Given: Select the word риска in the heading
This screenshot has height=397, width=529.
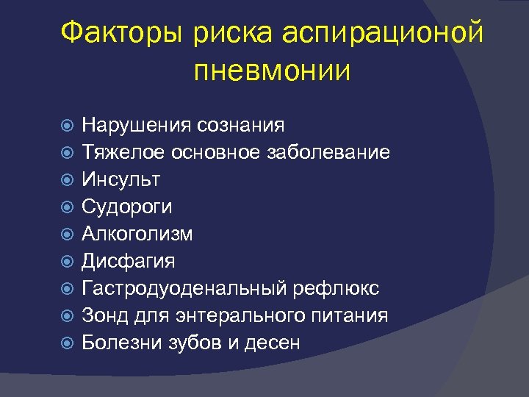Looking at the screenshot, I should pos(230,33).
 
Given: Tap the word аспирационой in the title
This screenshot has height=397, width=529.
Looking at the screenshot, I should pos(383,33).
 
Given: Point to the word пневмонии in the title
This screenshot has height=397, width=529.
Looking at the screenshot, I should pos(273,71).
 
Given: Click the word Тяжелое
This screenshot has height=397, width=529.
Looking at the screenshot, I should pos(123,153).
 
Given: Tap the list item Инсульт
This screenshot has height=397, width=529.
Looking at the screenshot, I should pos(121,180).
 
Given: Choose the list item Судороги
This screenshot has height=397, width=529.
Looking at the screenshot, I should pos(127,207).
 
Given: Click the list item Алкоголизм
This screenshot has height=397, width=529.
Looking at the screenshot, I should pos(137,235).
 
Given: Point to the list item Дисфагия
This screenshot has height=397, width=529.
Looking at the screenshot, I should pos(129,262).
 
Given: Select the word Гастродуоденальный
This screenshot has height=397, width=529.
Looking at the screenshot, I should pos(187,289).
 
